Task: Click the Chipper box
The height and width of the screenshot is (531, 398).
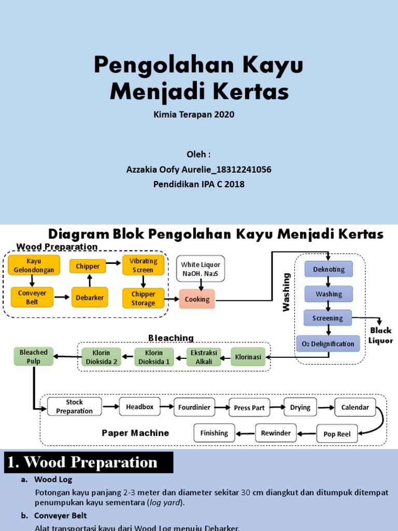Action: pyautogui.click(x=88, y=267)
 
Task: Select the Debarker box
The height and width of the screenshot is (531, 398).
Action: pyautogui.click(x=90, y=298)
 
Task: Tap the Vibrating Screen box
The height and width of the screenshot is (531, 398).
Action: pyautogui.click(x=143, y=265)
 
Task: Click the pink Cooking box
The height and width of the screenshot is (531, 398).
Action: pyautogui.click(x=197, y=299)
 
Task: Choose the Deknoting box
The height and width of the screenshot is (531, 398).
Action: pyautogui.click(x=329, y=269)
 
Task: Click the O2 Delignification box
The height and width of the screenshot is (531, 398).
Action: pyautogui.click(x=328, y=344)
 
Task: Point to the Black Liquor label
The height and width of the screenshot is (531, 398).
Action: pyautogui.click(x=380, y=336)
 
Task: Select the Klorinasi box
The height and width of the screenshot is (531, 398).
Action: pyautogui.click(x=248, y=357)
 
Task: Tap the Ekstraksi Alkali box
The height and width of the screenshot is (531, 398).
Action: pyautogui.click(x=204, y=357)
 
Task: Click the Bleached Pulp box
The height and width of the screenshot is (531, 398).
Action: pyautogui.click(x=34, y=356)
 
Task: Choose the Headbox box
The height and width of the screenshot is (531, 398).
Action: pyautogui.click(x=140, y=407)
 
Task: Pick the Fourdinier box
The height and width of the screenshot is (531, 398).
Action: pyautogui.click(x=194, y=408)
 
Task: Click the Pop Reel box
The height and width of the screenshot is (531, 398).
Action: pyautogui.click(x=337, y=434)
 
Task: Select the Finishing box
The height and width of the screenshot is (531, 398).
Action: pyautogui.click(x=214, y=433)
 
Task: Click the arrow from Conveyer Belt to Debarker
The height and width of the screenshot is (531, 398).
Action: pyautogui.click(x=62, y=297)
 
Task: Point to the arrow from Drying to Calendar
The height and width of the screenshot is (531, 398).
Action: pyautogui.click(x=325, y=408)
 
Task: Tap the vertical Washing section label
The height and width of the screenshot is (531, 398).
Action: pyautogui.click(x=287, y=292)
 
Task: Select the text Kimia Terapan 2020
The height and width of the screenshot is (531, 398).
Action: pyautogui.click(x=194, y=115)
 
